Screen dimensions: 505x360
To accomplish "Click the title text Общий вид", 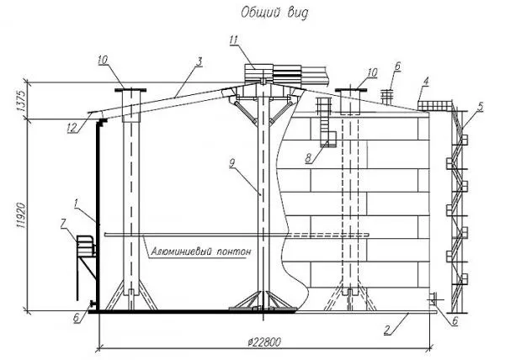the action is point(274,13).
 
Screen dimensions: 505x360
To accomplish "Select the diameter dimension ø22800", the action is point(265,341).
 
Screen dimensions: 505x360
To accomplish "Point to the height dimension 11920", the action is point(21,215).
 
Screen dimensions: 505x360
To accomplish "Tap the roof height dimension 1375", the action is point(21,101).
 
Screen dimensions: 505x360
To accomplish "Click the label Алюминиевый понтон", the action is point(200,251).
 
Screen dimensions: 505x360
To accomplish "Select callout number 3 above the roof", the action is point(199,61).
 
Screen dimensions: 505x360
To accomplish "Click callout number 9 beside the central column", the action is point(231,164).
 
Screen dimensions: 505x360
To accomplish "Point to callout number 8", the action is point(309,158).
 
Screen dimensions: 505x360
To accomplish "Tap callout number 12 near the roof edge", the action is point(72,128).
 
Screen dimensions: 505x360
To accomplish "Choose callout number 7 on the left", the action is point(63,225).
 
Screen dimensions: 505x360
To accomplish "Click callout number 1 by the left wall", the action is point(76,204).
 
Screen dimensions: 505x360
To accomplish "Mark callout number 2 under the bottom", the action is point(387,330).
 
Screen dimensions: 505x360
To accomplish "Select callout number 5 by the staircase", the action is point(481,106).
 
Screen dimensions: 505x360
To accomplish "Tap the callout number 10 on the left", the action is point(104,61).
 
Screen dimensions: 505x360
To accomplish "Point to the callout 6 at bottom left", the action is point(76,318).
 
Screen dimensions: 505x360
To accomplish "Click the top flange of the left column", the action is point(130,90).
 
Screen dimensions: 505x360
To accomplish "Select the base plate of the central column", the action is point(263,310).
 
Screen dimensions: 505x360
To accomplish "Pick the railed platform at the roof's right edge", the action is point(433,106).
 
